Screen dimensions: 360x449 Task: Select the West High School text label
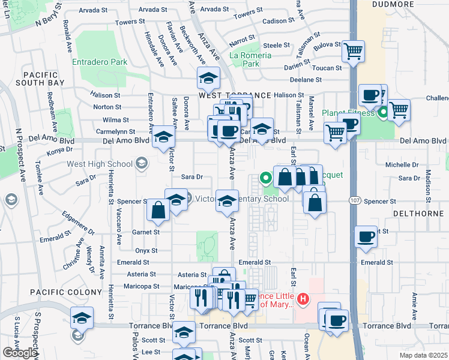(99, 164)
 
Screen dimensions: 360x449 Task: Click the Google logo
(19, 353)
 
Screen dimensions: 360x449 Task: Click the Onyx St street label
(146, 251)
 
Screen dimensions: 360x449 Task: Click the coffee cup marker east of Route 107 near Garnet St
(366, 236)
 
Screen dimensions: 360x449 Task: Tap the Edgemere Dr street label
(78, 220)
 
